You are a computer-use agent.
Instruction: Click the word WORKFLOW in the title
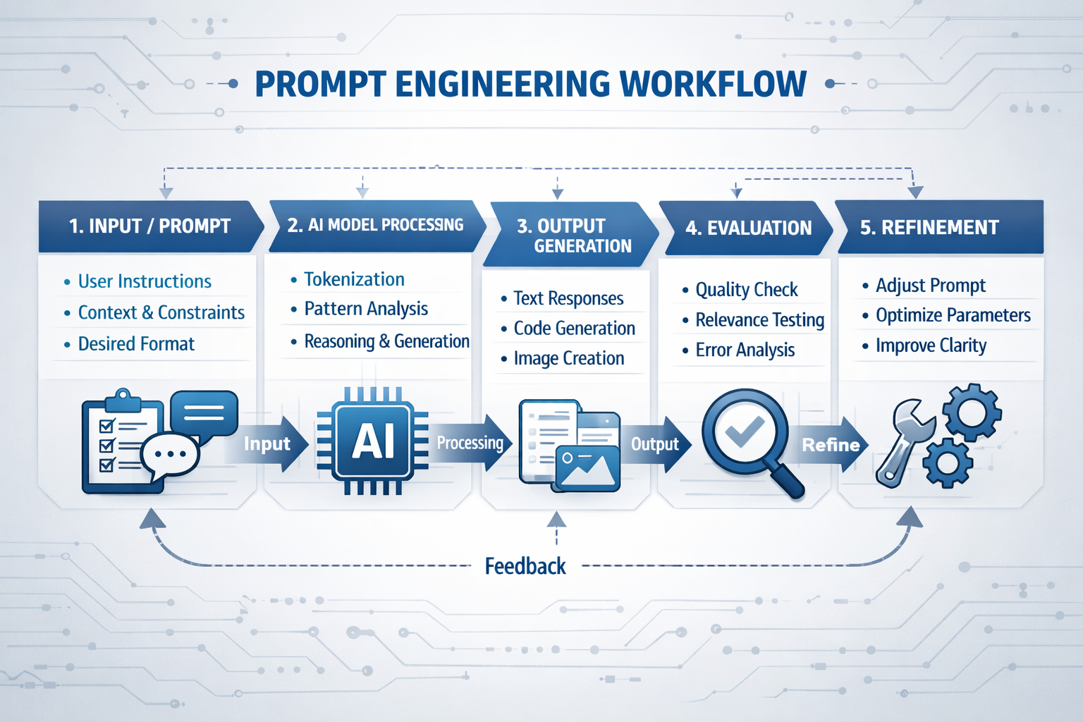(712, 84)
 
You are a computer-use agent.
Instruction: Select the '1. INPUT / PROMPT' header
(149, 226)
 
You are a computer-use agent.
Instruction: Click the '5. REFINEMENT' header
(929, 228)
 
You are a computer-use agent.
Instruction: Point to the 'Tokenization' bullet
(354, 280)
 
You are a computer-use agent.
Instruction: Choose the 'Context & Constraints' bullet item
(161, 312)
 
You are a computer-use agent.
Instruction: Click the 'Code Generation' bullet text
(574, 329)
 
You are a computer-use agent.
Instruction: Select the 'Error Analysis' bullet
(745, 350)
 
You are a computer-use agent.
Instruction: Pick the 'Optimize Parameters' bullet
(953, 315)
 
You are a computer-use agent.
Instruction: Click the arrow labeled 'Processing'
(471, 443)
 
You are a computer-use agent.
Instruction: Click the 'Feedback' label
(525, 566)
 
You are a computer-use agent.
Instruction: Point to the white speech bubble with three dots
(170, 455)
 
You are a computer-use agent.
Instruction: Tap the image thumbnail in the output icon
(587, 467)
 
